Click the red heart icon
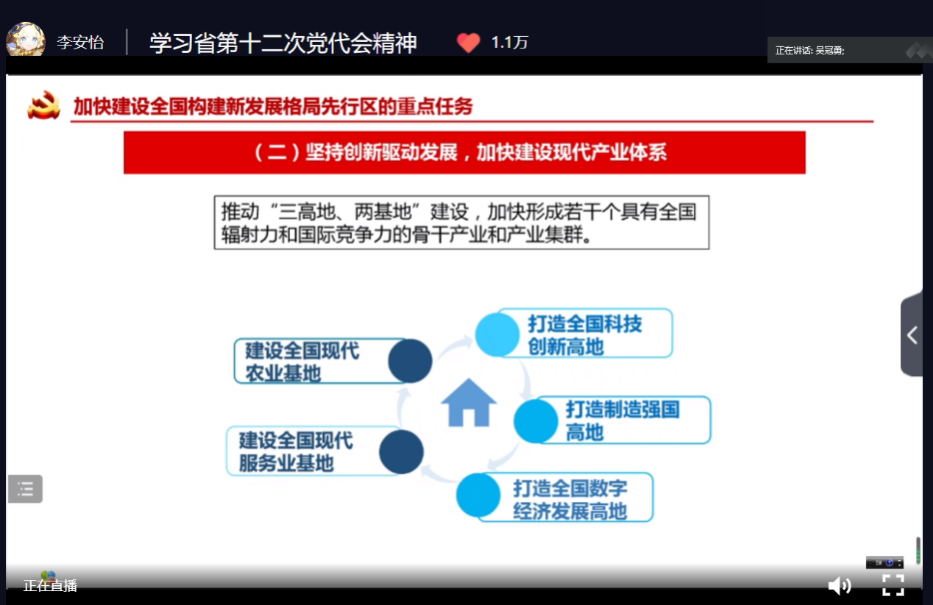pos(468,42)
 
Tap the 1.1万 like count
pos(509,42)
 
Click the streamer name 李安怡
pos(80,42)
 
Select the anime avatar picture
pos(26,39)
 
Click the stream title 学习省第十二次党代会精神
pos(284,43)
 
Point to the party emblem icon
pos(43,105)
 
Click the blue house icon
pos(468,402)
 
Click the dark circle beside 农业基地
pos(410,361)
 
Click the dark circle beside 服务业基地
pos(401,452)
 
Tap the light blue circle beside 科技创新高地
pos(497,334)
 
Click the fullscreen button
pos(892,585)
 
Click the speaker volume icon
pos(839,585)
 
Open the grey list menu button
pos(25,489)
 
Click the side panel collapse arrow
pos(912,334)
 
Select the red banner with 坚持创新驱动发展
pos(465,153)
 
